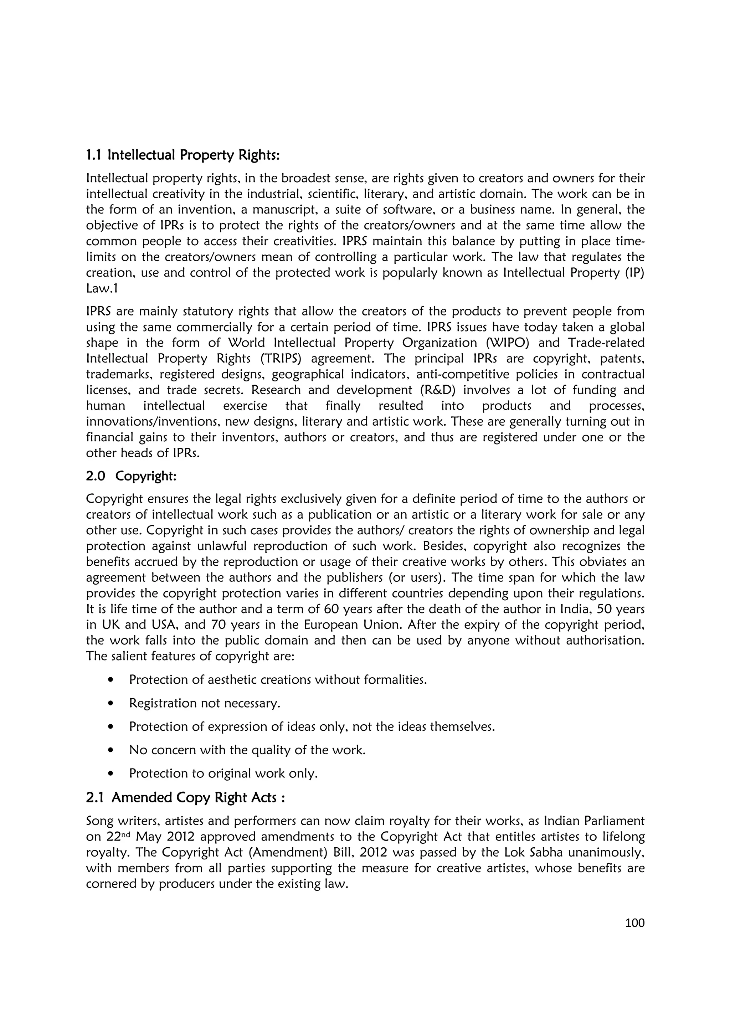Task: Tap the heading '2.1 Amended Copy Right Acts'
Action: tap(185, 798)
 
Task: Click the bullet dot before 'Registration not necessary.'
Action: tap(110, 703)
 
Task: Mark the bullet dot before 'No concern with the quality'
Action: tap(110, 750)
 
